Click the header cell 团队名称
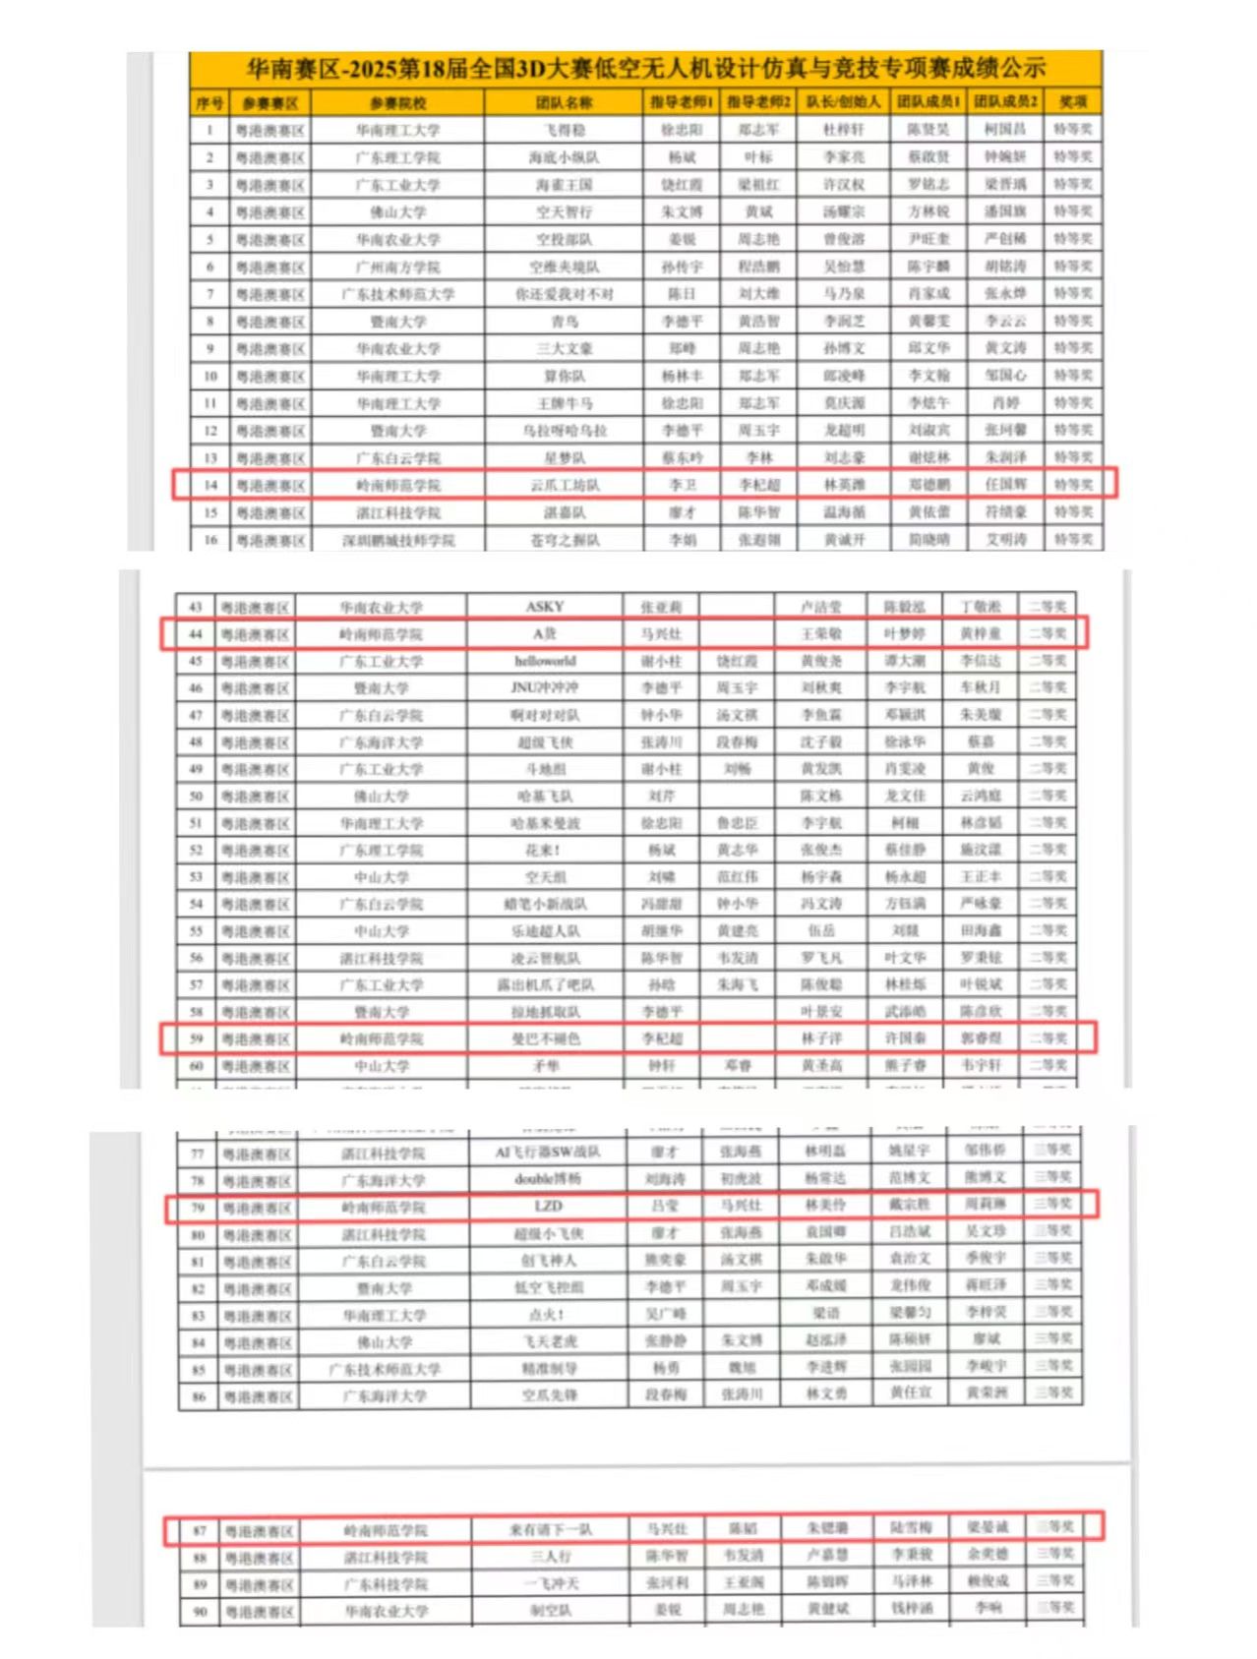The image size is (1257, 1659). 564,102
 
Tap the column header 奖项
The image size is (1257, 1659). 1072,102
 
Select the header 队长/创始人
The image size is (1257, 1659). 843,102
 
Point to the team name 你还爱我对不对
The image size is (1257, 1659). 564,294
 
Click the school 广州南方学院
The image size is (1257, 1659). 397,267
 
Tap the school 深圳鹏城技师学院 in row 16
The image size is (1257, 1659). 397,540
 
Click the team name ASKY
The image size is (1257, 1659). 544,607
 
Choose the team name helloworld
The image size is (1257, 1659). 544,661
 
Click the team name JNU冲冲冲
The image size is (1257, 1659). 544,687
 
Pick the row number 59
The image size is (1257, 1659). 196,1038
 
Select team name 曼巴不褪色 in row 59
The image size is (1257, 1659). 544,1038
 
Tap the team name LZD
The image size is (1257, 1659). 548,1207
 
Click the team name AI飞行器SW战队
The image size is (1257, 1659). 548,1153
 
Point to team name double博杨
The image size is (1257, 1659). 548,1179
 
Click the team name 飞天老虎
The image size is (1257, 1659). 548,1341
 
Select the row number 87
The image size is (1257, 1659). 200,1530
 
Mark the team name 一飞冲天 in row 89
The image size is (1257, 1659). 551,1584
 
